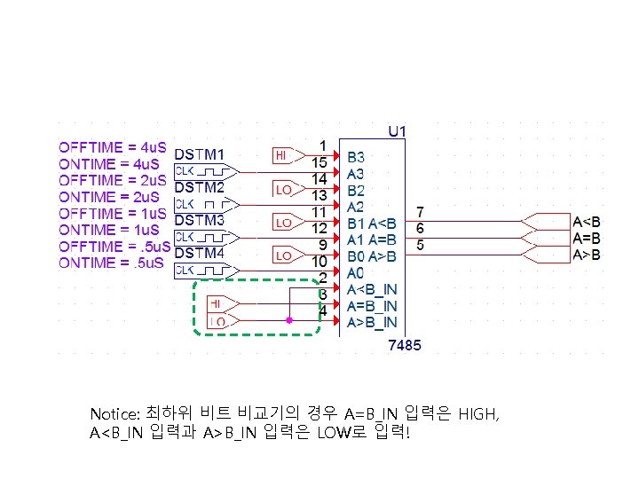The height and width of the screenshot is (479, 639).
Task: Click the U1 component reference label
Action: click(x=398, y=131)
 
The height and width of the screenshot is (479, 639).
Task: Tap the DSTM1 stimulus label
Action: click(x=199, y=154)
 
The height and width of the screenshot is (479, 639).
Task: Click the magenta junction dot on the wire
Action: click(x=288, y=320)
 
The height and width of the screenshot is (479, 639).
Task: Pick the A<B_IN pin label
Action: click(x=372, y=289)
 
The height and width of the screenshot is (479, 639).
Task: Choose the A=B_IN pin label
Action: click(x=372, y=306)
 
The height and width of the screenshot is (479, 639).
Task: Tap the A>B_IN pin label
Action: click(x=372, y=322)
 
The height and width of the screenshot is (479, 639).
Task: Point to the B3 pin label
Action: click(x=355, y=158)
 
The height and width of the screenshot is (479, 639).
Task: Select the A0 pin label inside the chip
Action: click(x=355, y=273)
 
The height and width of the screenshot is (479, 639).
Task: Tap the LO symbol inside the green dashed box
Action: click(x=217, y=321)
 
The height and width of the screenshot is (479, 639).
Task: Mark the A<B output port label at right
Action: click(x=587, y=222)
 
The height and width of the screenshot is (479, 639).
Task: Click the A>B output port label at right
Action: click(x=587, y=255)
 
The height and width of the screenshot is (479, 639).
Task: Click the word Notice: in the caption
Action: click(x=114, y=415)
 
